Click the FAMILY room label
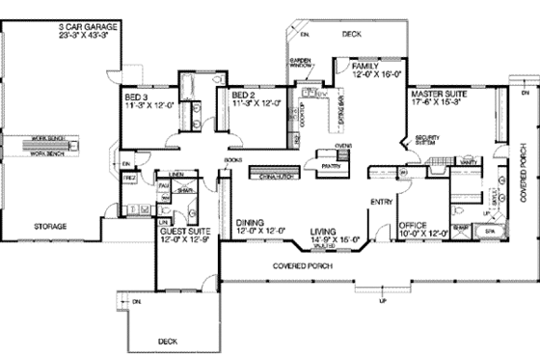(365, 66)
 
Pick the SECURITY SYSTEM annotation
(427, 140)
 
